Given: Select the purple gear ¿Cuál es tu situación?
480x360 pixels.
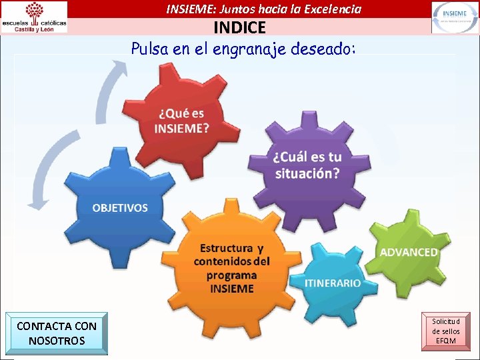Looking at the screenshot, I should tap(307, 165).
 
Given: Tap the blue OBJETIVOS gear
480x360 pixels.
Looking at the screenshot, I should tap(120, 207).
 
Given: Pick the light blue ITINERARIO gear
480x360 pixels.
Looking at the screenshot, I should tap(333, 283).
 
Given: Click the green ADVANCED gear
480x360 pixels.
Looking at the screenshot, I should tap(408, 252).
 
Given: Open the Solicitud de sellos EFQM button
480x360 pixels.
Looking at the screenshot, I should tap(445, 331).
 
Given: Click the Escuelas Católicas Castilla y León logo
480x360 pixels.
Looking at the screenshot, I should tap(35, 17).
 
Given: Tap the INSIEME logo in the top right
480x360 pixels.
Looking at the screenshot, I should tap(454, 17).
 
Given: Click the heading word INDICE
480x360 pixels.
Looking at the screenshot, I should tap(239, 28).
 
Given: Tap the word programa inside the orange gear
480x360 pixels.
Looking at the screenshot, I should tap(231, 275).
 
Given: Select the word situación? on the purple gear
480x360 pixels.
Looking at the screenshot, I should tap(307, 173).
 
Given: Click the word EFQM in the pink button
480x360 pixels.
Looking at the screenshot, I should tap(445, 341).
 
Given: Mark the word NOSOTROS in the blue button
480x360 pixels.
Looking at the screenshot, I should tap(57, 341).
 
